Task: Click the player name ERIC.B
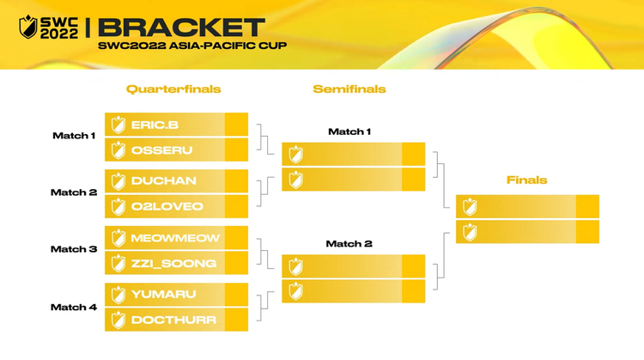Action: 155,125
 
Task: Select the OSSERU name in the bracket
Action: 161,150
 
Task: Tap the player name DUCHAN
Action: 163,180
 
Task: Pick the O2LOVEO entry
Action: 167,206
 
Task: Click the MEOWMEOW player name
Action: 175,238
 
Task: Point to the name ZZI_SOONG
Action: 173,264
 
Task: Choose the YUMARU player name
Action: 163,294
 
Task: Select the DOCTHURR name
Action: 173,320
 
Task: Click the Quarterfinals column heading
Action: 173,89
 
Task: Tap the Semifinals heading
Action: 349,89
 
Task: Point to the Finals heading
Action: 527,180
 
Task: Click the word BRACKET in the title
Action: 181,28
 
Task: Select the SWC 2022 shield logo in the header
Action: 28,27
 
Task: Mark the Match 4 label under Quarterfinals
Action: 74,308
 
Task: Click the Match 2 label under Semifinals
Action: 349,244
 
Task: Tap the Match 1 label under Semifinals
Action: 349,132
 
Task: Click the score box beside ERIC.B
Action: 237,124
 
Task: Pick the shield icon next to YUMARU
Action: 118,295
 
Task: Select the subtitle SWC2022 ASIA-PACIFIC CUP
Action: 192,46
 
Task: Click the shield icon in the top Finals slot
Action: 470,207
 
